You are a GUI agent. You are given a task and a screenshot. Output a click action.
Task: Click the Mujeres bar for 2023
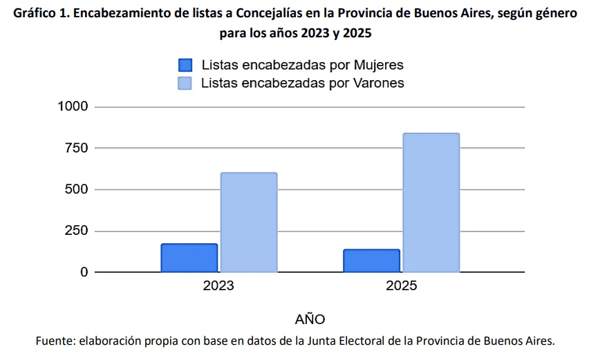pyautogui.click(x=189, y=258)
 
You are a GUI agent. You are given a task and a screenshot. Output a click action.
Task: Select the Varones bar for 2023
pyautogui.click(x=248, y=222)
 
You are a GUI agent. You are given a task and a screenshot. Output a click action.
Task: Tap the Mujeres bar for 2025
pyautogui.click(x=371, y=260)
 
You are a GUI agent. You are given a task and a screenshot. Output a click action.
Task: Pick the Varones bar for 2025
pyautogui.click(x=431, y=202)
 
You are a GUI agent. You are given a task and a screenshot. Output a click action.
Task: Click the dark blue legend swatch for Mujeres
pyautogui.click(x=185, y=65)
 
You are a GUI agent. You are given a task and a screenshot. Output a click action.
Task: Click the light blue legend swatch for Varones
pyautogui.click(x=185, y=83)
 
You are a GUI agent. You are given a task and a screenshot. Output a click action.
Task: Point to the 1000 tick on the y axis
pyautogui.click(x=73, y=106)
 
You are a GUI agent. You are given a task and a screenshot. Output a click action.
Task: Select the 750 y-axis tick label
pyautogui.click(x=77, y=148)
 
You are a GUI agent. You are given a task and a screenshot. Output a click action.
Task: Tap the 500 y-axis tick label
pyautogui.click(x=77, y=189)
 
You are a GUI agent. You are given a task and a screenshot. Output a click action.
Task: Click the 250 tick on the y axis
pyautogui.click(x=77, y=231)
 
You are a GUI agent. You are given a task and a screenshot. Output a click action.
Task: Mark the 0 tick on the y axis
pyautogui.click(x=84, y=272)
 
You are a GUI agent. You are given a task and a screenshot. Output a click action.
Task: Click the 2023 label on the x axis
pyautogui.click(x=218, y=286)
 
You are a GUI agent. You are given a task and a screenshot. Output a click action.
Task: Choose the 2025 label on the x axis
pyautogui.click(x=402, y=286)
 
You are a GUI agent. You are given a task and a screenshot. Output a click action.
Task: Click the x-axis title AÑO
pyautogui.click(x=310, y=319)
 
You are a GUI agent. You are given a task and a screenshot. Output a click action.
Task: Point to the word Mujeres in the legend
pyautogui.click(x=378, y=65)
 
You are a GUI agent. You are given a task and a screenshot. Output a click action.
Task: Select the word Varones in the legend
pyautogui.click(x=379, y=83)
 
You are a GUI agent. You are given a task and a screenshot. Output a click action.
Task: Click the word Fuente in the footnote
pyautogui.click(x=55, y=341)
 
